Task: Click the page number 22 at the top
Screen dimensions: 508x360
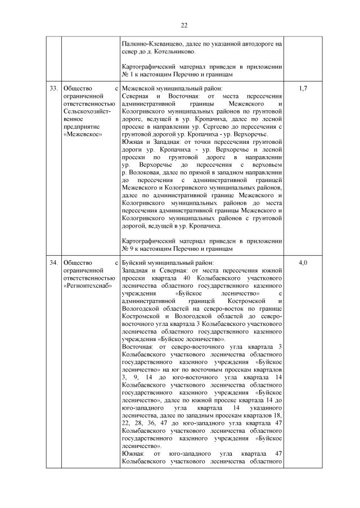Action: (x=184, y=25)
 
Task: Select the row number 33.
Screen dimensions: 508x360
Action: (x=52, y=89)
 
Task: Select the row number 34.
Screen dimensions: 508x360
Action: (x=52, y=262)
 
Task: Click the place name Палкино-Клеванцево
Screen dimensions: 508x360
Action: (x=152, y=43)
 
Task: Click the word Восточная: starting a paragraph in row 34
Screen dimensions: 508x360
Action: (x=138, y=347)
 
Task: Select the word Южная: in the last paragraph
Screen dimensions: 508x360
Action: (x=133, y=455)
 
